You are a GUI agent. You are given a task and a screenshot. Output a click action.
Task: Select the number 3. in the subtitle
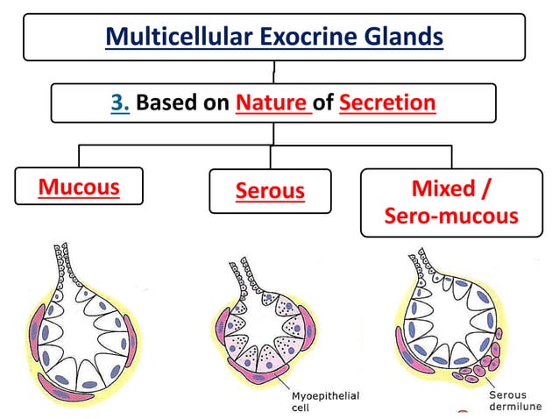click(x=120, y=103)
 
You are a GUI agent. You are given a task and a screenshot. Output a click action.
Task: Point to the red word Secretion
click(x=386, y=103)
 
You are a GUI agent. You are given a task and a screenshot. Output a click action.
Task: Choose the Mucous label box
click(x=79, y=186)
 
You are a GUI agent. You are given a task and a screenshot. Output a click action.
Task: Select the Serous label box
click(x=270, y=191)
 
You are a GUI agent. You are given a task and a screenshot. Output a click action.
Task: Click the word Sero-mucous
click(x=451, y=216)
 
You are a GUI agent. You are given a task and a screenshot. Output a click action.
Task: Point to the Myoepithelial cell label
click(x=323, y=401)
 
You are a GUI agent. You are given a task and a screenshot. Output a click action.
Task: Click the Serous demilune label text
click(x=517, y=401)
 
